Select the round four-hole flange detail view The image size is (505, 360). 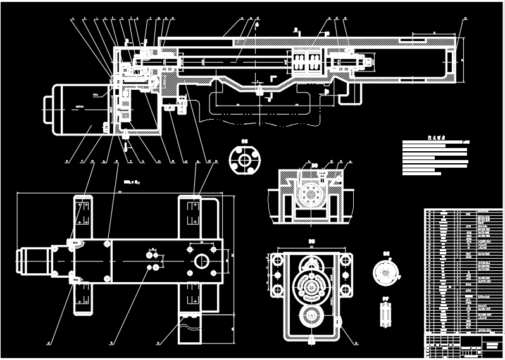(x=244, y=161)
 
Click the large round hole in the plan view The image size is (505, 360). (x=202, y=260)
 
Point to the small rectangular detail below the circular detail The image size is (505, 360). (x=384, y=314)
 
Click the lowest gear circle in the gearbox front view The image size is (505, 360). (x=311, y=317)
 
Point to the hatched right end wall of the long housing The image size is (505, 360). (x=452, y=60)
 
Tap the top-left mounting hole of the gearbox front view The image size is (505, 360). (x=277, y=261)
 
